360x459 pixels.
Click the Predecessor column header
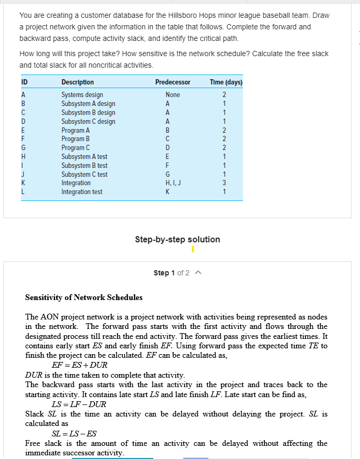(x=173, y=82)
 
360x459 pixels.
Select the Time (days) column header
(x=226, y=82)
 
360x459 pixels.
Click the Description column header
(x=78, y=82)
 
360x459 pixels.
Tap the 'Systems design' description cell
(x=82, y=95)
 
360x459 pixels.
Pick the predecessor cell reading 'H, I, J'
(x=172, y=183)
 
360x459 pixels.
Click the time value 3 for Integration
(x=224, y=183)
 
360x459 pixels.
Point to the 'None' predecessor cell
(x=172, y=95)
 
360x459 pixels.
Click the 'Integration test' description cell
(x=82, y=192)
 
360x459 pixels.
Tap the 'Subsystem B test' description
(x=84, y=166)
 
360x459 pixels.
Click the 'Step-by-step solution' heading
(x=177, y=239)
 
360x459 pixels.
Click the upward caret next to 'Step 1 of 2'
(x=197, y=273)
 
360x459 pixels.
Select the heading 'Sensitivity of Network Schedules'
(x=84, y=297)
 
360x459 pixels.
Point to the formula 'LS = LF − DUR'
(x=79, y=404)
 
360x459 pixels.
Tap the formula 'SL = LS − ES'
(x=74, y=434)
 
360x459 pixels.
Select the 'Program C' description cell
(x=76, y=148)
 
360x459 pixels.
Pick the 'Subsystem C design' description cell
(x=88, y=122)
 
